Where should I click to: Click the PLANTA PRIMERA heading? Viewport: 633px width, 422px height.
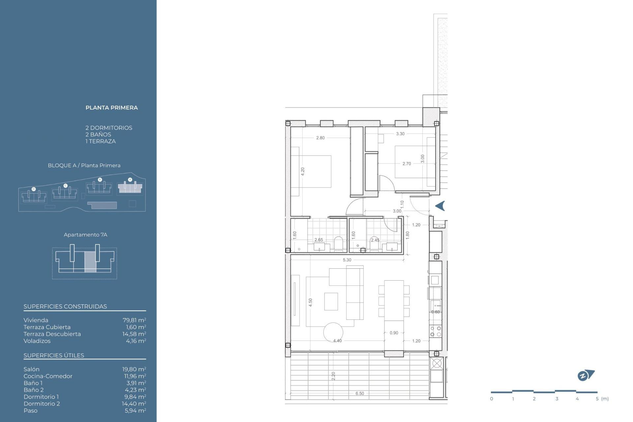[x=111, y=108]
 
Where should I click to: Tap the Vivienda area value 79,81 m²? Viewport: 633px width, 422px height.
[x=134, y=320]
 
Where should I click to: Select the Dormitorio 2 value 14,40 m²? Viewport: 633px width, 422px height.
[x=134, y=404]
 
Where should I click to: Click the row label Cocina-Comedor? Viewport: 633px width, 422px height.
[x=48, y=376]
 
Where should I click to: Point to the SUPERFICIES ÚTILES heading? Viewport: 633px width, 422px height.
[x=54, y=355]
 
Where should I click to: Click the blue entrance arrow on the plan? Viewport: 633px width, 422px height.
[x=440, y=206]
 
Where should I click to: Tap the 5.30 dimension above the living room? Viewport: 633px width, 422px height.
[x=347, y=260]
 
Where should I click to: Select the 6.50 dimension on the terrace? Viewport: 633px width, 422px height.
[x=360, y=393]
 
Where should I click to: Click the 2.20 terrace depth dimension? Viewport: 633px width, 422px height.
[x=333, y=376]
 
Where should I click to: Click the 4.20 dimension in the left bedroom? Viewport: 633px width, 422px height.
[x=303, y=171]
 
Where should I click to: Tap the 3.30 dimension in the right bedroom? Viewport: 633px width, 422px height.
[x=400, y=134]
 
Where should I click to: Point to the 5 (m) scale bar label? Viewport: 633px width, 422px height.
[x=602, y=399]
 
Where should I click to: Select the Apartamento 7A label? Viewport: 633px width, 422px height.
[x=85, y=235]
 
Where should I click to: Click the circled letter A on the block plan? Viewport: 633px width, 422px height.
[x=130, y=180]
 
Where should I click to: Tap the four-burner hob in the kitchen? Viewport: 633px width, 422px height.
[x=436, y=331]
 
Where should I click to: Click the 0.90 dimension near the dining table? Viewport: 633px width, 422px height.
[x=394, y=333]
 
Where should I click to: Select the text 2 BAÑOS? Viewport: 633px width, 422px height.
[x=98, y=135]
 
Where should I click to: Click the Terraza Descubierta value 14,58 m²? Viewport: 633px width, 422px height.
[x=134, y=334]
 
